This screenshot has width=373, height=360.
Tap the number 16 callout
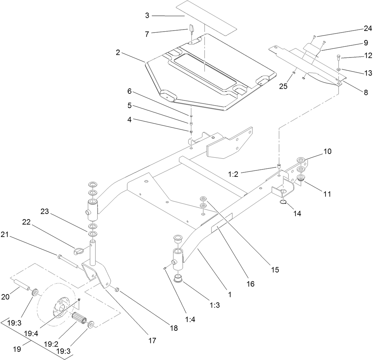[250, 284]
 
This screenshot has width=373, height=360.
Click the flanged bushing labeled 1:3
[178, 279]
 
